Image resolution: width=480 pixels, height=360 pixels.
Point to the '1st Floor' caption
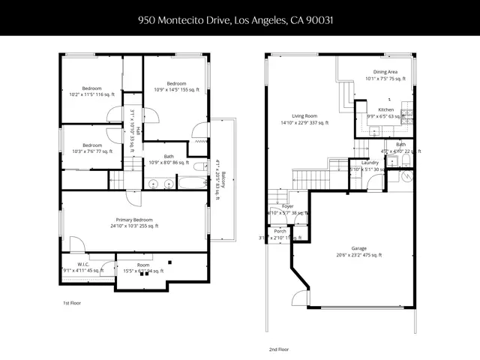(72, 304)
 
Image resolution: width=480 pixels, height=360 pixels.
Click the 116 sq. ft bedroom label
(92, 91)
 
